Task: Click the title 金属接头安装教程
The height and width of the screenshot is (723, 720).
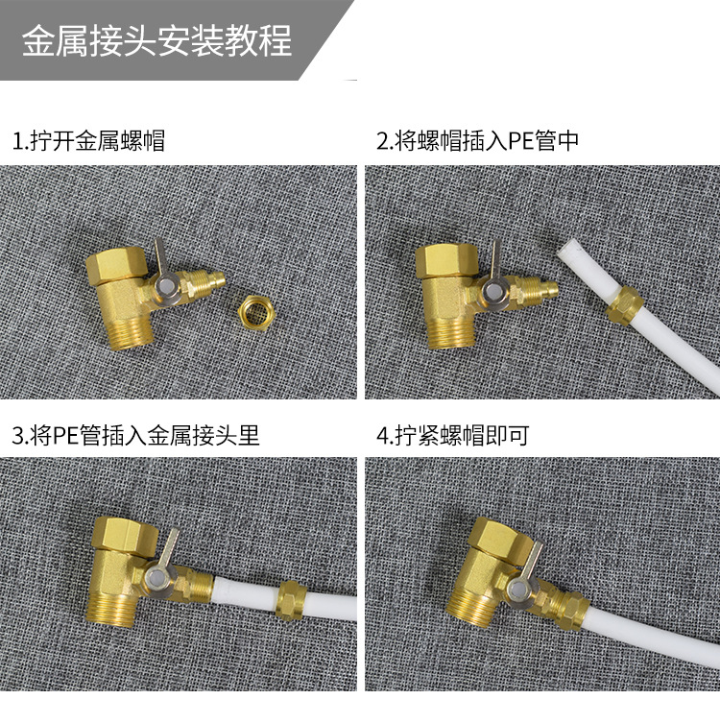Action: (x=156, y=40)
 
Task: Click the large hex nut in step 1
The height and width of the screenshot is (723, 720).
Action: (x=117, y=265)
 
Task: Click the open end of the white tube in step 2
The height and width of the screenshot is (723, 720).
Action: (x=568, y=252)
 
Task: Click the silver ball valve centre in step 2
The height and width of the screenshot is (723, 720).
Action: (x=493, y=291)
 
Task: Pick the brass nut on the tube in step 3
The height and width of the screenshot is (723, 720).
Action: (x=291, y=600)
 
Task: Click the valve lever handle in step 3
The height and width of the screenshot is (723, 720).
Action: (x=172, y=548)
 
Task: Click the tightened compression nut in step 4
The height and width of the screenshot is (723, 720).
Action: (x=571, y=609)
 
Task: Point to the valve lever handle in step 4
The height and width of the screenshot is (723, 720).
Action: (x=534, y=562)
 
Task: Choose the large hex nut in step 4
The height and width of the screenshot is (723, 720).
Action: (x=501, y=535)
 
